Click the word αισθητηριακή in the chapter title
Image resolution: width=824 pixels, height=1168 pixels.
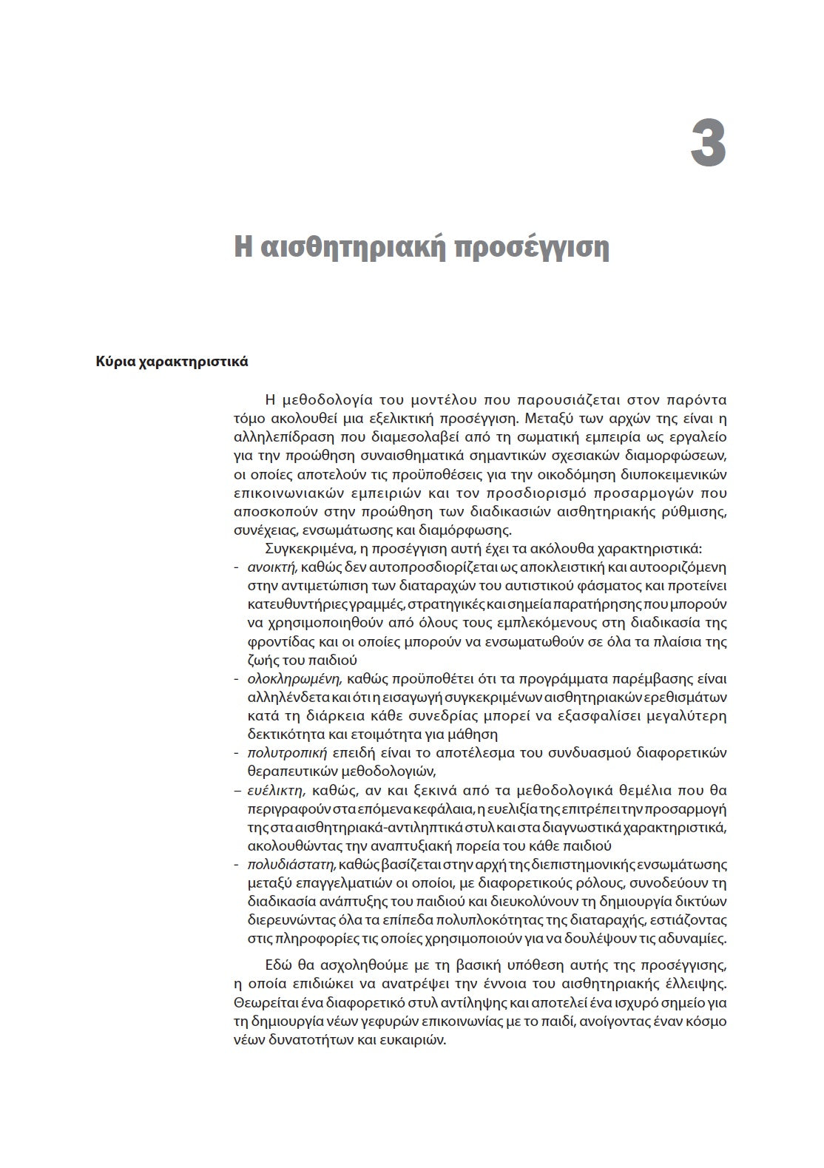[x=348, y=247]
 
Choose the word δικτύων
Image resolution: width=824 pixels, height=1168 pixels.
[x=703, y=901]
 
